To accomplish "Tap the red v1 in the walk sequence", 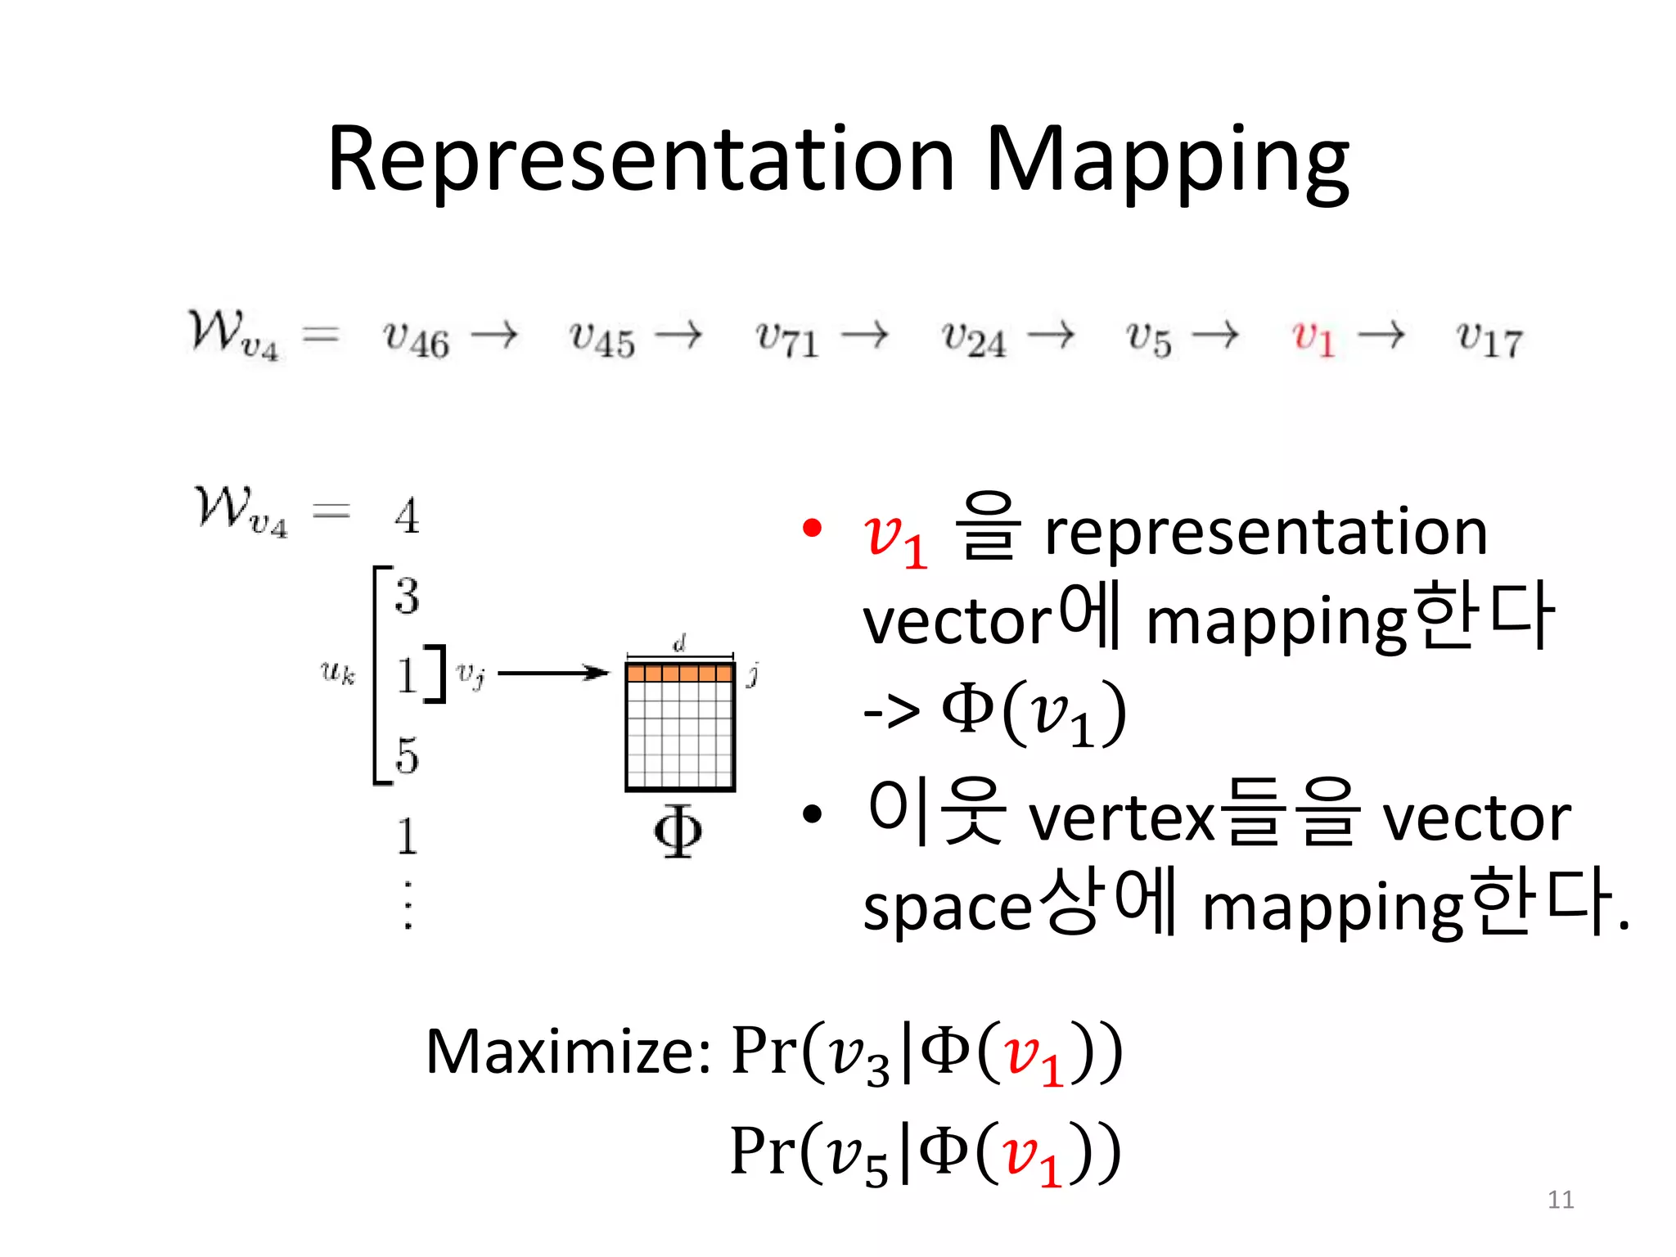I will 1313,337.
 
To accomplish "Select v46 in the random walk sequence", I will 416,337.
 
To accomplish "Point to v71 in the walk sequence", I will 786,337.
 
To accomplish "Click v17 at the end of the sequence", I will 1489,337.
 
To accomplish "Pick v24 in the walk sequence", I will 973,337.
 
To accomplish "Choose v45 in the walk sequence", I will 601,337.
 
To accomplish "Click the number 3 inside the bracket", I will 407,596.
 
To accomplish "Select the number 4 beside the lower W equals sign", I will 407,516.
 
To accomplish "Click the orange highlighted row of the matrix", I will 679,674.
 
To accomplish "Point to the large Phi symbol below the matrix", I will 678,831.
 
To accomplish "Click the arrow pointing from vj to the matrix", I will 553,674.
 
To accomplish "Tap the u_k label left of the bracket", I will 337,673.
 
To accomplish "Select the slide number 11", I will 1561,1200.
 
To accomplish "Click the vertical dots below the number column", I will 408,905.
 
